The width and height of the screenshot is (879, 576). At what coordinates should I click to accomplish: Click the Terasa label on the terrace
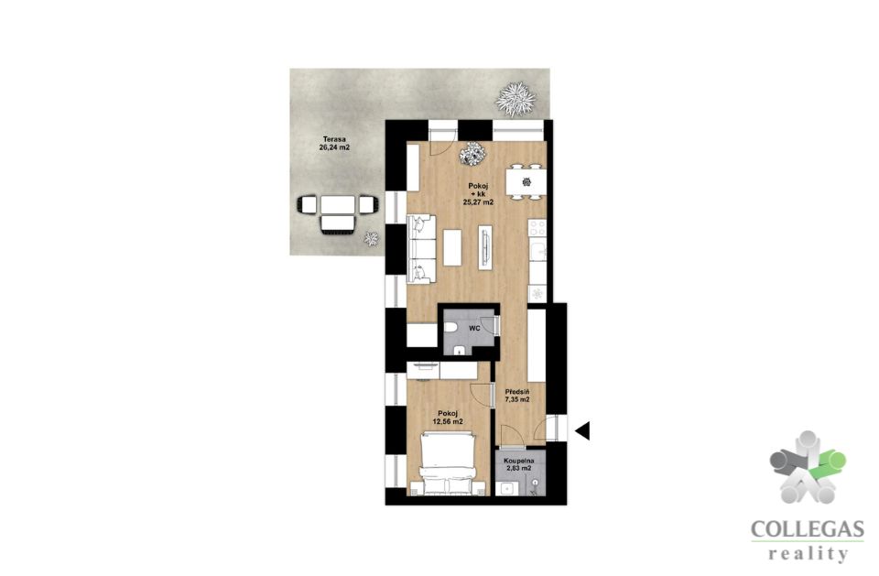pos(333,139)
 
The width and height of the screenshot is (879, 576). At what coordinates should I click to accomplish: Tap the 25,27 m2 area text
pos(478,203)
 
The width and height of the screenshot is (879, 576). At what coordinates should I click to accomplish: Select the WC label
pos(474,329)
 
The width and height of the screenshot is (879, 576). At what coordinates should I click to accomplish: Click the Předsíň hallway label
pos(517,392)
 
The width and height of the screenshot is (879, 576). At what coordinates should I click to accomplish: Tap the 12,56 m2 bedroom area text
pos(448,422)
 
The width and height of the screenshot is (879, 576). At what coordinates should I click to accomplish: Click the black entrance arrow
pos(582,430)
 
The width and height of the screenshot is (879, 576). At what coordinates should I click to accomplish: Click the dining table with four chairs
pos(526,181)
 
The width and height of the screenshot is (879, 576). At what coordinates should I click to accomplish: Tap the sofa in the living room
pos(421,249)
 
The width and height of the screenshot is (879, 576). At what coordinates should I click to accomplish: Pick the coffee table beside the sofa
pos(452,247)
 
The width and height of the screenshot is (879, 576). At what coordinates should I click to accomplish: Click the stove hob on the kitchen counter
pos(537,228)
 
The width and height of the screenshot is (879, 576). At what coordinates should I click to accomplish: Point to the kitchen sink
pos(538,251)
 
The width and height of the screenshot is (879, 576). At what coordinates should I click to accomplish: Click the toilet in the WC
pos(451,328)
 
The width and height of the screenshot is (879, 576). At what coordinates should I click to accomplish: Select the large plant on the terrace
pos(515,99)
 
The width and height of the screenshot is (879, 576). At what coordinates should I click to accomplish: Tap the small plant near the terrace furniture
pos(371,239)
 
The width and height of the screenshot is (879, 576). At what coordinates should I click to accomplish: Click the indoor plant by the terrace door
pos(472,153)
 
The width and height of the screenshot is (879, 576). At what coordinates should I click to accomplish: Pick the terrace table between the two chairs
pos(338,205)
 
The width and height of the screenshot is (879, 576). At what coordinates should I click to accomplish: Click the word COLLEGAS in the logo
pos(808,529)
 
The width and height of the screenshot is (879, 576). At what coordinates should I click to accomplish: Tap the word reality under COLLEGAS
pos(808,554)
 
